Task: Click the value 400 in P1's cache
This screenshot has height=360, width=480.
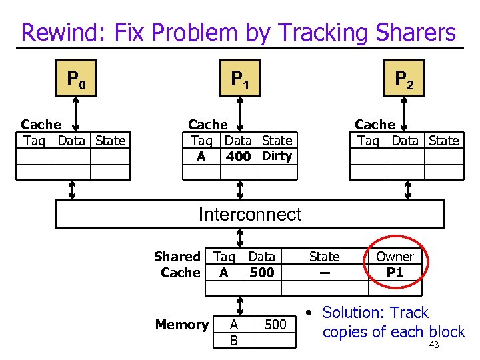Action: [238, 157]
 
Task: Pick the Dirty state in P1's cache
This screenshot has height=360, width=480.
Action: [277, 156]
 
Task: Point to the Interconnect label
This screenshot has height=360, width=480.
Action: [250, 214]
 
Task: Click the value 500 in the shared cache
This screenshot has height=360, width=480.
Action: [261, 272]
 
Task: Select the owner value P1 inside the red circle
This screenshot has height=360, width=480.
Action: [395, 272]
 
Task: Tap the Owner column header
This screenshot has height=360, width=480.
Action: [395, 257]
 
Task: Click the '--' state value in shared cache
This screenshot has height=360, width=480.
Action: [325, 272]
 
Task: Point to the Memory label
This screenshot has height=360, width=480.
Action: [182, 325]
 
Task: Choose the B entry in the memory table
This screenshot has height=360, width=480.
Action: [233, 341]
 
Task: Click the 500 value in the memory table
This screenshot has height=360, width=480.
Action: [275, 325]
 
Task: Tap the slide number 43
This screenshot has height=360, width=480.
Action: [434, 345]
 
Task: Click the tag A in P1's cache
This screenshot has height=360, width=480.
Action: [201, 157]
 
